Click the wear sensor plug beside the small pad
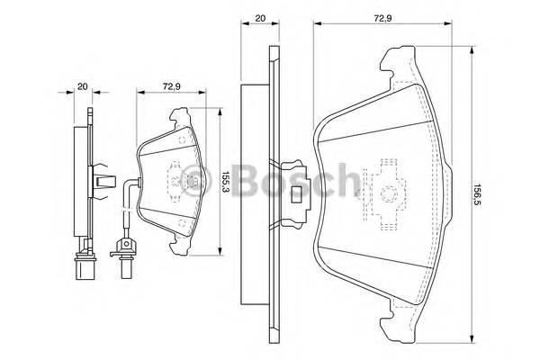pos(124,247)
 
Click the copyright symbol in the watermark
pos(192,183)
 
